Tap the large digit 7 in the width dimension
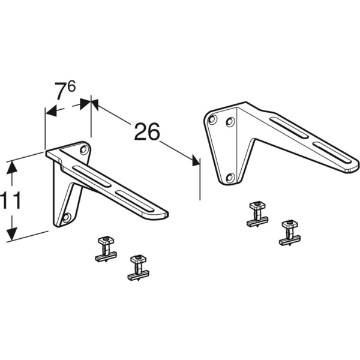coord(61,92)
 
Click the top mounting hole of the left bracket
coord(83,148)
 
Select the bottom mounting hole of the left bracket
coord(67,217)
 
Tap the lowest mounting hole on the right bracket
coord(230,177)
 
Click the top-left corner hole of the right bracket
coord(212,119)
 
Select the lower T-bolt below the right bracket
coord(290,232)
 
